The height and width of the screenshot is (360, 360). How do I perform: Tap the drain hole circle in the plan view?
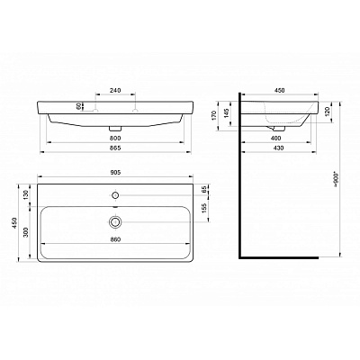[114, 220]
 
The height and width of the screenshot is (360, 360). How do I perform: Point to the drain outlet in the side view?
[282, 128]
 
